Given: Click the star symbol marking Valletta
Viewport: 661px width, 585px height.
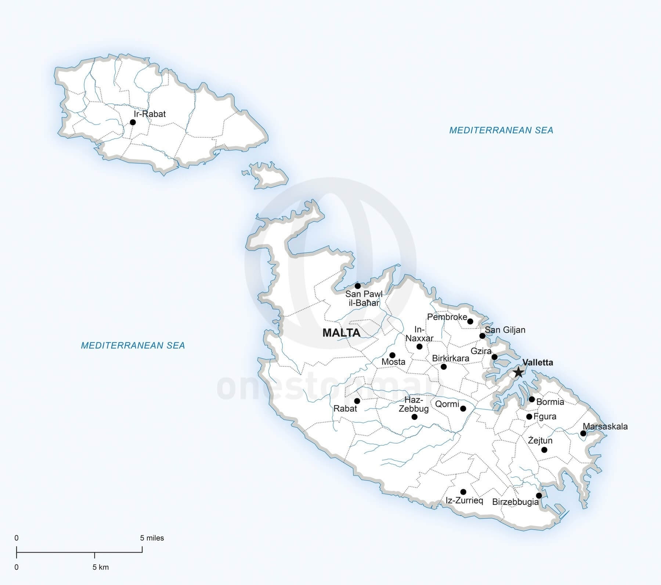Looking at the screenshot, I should (518, 372).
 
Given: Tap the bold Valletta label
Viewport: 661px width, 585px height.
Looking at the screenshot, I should (538, 362).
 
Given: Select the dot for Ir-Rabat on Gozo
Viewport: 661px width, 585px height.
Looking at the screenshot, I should (133, 122).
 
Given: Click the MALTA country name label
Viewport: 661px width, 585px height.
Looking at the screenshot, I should (341, 333).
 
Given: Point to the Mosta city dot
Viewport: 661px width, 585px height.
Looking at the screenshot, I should (392, 355).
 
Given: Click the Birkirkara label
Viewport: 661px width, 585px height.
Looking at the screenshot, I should (451, 358).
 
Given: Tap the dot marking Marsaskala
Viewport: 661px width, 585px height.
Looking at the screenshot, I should (583, 433).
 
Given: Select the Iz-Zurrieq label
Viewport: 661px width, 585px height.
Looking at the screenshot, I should (464, 500).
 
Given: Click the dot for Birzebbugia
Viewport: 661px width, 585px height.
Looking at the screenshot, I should (539, 495).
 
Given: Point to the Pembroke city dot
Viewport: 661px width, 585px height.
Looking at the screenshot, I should (470, 321).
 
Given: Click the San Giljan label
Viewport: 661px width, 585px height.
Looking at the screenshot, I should (505, 330).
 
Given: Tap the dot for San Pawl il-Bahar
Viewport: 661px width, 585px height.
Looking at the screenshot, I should (358, 286).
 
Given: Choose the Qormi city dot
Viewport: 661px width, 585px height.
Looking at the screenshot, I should (463, 408).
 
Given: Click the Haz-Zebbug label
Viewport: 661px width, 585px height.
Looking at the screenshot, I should (413, 404).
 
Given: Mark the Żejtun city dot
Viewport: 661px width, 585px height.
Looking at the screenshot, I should (545, 450).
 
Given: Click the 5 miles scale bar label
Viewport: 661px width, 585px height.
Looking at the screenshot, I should (152, 538).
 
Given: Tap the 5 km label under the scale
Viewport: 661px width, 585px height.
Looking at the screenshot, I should (100, 567).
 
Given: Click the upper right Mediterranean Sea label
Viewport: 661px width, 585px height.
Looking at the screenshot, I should (501, 130).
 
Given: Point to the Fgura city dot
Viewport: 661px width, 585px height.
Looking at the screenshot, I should (529, 417).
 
